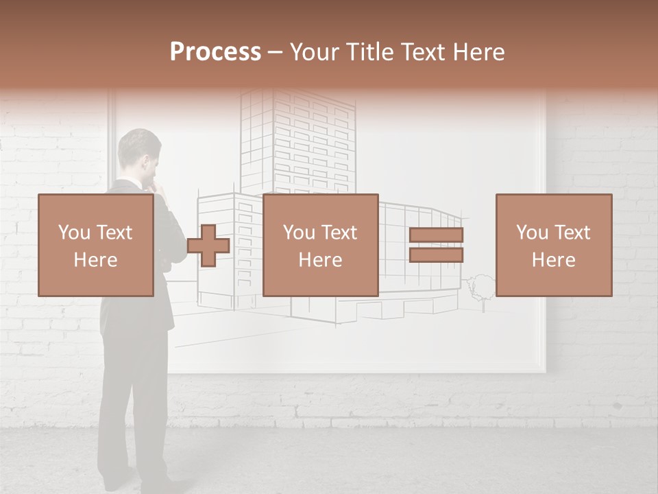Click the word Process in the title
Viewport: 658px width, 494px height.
pos(215,52)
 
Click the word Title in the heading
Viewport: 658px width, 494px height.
pos(370,52)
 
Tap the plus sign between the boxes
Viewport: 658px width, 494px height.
pos(208,246)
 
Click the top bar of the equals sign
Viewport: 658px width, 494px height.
pos(436,235)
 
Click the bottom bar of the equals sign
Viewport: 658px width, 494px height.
pos(436,255)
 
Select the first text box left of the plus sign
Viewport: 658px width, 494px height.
pos(96,246)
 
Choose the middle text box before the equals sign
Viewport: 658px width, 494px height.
pos(320,246)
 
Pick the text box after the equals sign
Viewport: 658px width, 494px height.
pos(554,246)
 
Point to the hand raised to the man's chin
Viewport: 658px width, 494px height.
pos(157,184)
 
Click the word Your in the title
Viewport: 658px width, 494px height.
pos(315,52)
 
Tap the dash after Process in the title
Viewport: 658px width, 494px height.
pos(276,53)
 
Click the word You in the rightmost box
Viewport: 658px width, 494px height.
pos(532,233)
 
